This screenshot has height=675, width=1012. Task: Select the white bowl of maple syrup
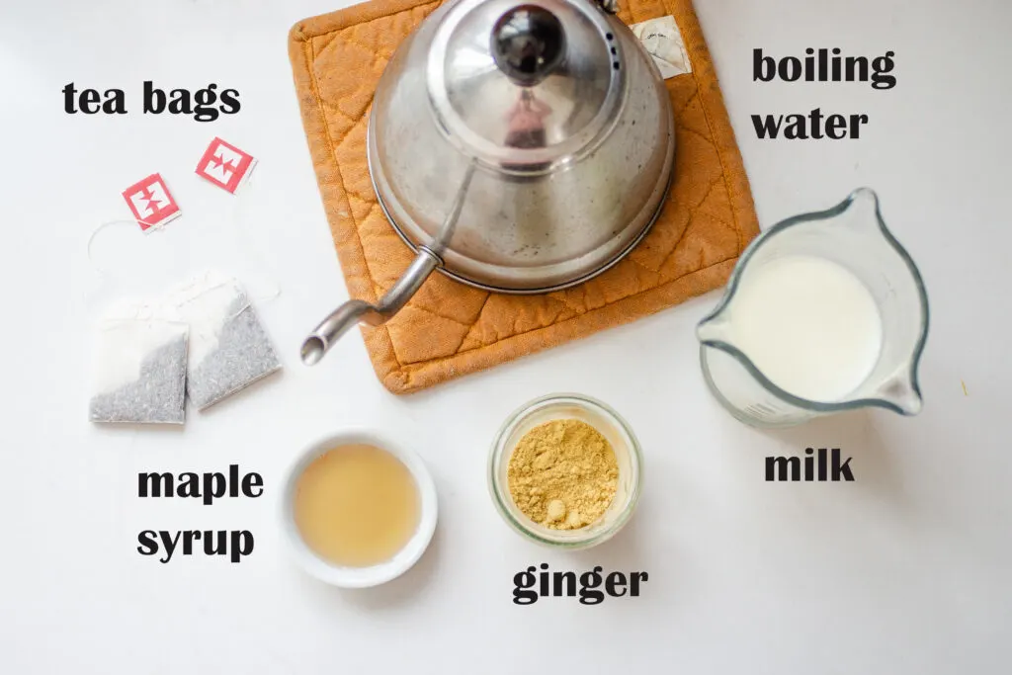pos(357,506)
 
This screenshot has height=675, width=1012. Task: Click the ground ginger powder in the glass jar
pos(562,472)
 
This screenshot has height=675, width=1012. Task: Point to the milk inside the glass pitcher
pos(805,327)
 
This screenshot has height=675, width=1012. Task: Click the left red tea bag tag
pos(151,202)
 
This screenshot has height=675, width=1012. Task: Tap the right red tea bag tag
pos(225,164)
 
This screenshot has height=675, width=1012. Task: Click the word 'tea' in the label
pos(96,99)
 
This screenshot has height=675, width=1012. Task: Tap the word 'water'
pos(809,124)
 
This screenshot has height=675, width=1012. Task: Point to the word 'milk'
pos(808,465)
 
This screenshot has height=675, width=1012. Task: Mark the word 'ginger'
pos(579,584)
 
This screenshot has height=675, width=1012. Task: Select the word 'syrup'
pos(196,541)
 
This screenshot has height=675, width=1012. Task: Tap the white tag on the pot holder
pos(661,44)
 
